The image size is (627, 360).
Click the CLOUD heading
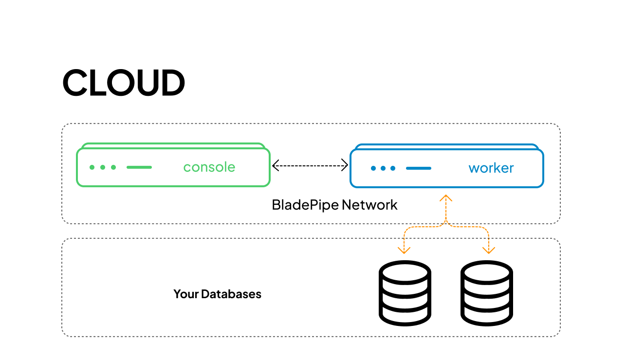coord(124,82)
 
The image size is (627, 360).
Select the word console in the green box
coord(209,167)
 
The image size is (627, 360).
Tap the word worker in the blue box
coord(491,168)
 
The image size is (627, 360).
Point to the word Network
coord(369,205)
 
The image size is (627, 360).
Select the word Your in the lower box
coord(186,294)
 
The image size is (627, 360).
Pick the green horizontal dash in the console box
coord(139,167)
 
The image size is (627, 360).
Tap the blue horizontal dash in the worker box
coord(419,168)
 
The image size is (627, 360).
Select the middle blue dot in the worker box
coord(382,168)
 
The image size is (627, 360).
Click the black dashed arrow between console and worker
coord(310,166)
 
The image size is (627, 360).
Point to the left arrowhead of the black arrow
coord(275,166)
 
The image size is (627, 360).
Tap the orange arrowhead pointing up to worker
coord(446,198)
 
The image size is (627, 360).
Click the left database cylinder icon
coord(405,293)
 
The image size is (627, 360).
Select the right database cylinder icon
coord(486,293)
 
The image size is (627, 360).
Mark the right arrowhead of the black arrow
coord(345,166)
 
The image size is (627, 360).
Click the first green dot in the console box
coord(92,167)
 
